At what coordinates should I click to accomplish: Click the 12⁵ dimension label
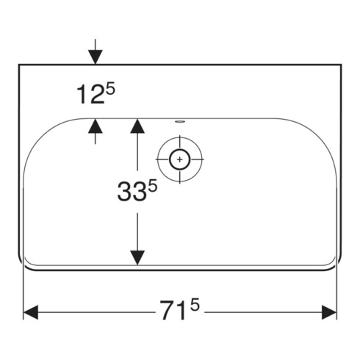point(96,93)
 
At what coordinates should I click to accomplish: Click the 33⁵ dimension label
point(137,190)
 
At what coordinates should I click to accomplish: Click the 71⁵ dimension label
point(180,309)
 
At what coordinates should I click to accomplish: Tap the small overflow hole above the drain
point(180,121)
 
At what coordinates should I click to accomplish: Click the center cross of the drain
point(180,159)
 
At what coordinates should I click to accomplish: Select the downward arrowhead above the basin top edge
point(96,57)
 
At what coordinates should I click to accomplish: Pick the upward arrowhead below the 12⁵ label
point(96,126)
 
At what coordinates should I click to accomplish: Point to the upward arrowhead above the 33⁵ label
point(137,126)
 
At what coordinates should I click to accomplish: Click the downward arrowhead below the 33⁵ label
point(137,258)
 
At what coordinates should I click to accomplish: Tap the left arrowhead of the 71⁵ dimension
point(31,312)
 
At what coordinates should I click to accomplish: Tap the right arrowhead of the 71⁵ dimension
point(329,312)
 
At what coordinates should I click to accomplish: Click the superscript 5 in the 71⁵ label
point(195,304)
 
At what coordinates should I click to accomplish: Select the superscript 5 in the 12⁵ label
point(110,89)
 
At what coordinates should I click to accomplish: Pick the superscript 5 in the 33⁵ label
point(153,185)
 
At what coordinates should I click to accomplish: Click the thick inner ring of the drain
point(180,149)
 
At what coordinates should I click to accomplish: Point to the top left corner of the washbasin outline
point(19,65)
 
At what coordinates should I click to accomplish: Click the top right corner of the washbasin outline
point(341,65)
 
